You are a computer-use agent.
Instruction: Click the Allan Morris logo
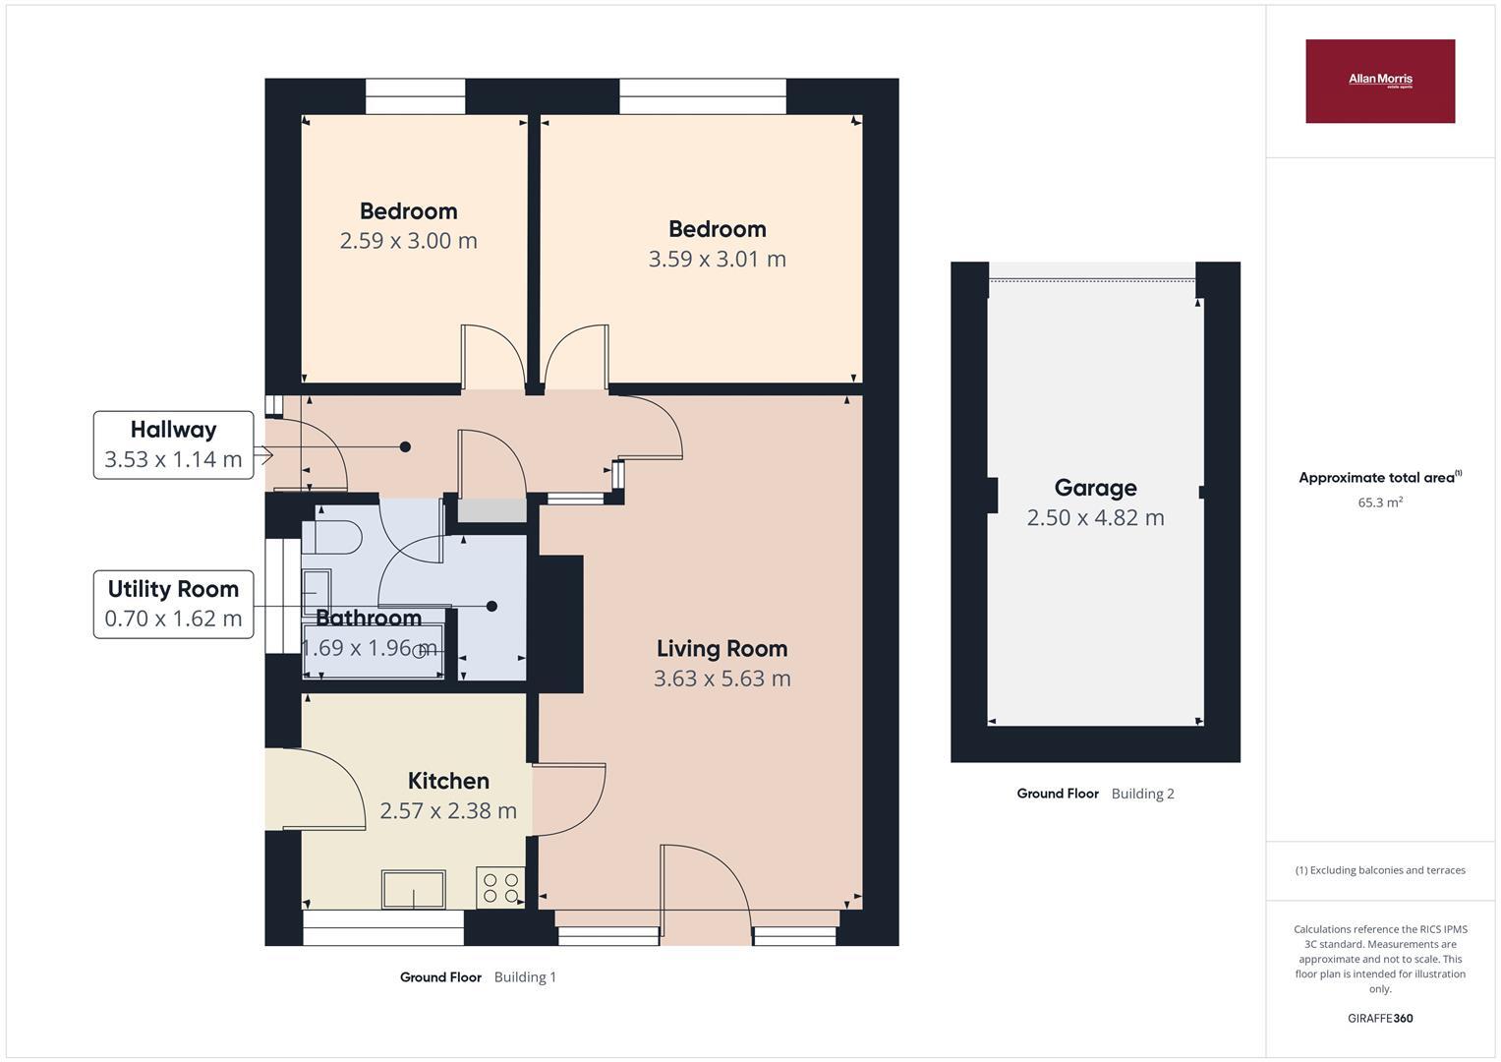point(1379,81)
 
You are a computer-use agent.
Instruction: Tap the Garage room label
point(1095,488)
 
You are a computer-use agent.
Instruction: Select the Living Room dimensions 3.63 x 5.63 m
point(722,678)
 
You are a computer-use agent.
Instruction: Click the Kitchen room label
point(448,781)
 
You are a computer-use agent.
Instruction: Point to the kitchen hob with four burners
point(500,887)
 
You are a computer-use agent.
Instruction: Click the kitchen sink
point(414,889)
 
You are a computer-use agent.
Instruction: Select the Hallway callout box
point(173,445)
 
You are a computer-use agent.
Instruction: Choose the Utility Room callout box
point(173,604)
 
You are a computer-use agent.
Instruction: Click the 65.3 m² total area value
point(1379,502)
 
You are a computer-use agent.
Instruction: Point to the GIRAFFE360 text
point(1379,1019)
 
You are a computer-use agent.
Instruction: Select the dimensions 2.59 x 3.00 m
point(408,241)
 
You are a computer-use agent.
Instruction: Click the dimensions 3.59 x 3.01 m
point(717,260)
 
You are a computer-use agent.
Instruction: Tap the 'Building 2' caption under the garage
point(1142,794)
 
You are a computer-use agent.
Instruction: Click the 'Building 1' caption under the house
point(525,977)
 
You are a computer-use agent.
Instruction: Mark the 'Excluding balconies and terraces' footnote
point(1379,870)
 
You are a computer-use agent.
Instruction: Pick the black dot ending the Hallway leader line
point(405,446)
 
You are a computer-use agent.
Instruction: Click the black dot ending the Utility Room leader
point(491,607)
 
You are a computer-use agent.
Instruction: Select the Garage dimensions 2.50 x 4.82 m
point(1095,518)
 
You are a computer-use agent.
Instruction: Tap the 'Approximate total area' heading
point(1377,478)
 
